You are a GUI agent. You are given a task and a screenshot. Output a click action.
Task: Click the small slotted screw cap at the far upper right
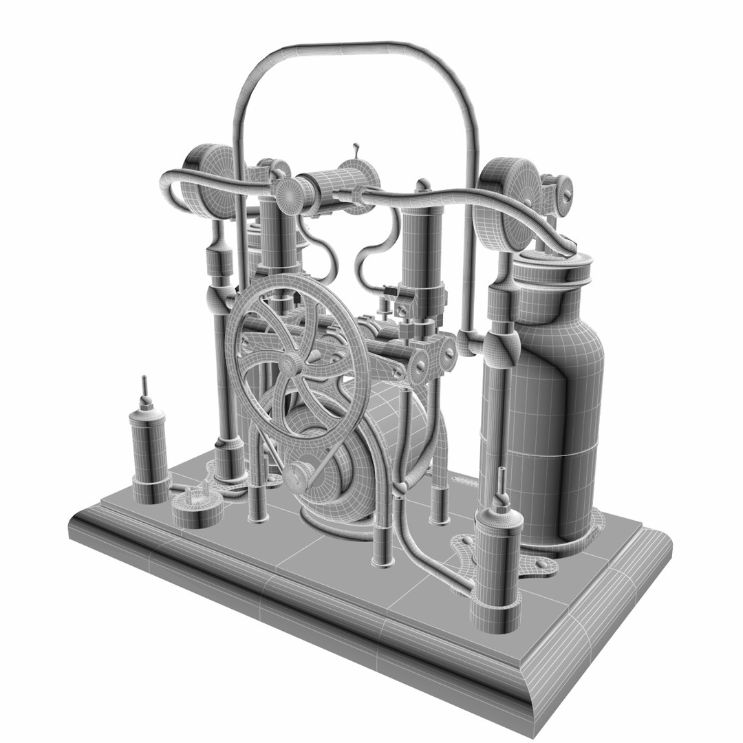tap(563, 187)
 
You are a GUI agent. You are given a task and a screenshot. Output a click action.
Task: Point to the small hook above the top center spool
tap(356, 151)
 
